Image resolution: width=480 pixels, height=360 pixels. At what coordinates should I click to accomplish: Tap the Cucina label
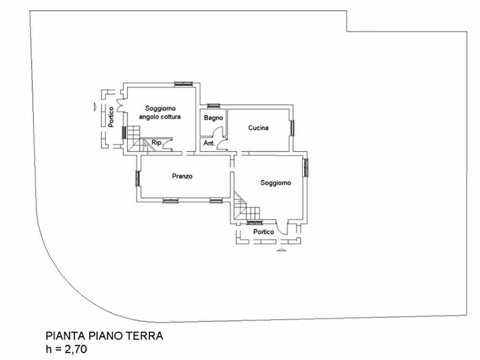[258, 128]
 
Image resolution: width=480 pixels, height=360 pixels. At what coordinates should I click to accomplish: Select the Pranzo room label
[182, 176]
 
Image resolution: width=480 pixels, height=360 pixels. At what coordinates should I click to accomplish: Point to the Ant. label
[209, 143]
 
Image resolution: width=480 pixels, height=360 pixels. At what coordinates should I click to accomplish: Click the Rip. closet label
[157, 142]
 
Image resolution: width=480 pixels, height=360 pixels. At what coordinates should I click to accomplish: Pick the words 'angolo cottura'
[160, 117]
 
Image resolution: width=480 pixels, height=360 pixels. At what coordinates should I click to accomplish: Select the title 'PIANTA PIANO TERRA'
[104, 336]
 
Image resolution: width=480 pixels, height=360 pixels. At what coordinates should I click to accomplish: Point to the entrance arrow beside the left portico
[95, 105]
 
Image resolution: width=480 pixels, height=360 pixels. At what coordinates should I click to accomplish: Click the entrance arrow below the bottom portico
[280, 250]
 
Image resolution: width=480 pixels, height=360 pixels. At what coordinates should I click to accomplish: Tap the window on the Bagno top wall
[213, 105]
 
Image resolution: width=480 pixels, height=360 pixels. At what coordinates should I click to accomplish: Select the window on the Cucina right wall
[293, 128]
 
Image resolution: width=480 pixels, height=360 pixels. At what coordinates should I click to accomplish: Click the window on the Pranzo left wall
[138, 178]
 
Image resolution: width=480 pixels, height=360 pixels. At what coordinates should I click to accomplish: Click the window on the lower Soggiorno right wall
[305, 168]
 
